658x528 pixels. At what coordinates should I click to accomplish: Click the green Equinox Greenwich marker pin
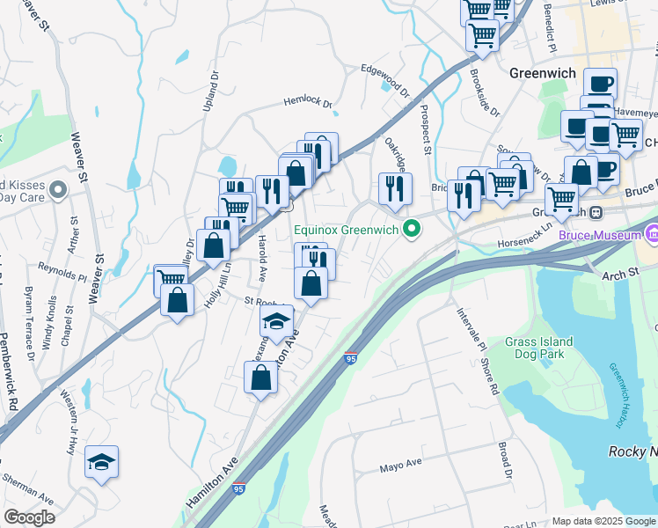coord(410,231)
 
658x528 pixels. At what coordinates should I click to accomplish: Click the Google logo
coord(29,517)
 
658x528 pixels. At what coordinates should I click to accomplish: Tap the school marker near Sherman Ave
coord(101,461)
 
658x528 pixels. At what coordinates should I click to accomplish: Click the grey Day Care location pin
coord(58,189)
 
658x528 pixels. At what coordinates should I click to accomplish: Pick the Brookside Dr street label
coord(485,93)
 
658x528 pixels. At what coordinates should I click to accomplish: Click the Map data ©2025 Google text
coord(603,520)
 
